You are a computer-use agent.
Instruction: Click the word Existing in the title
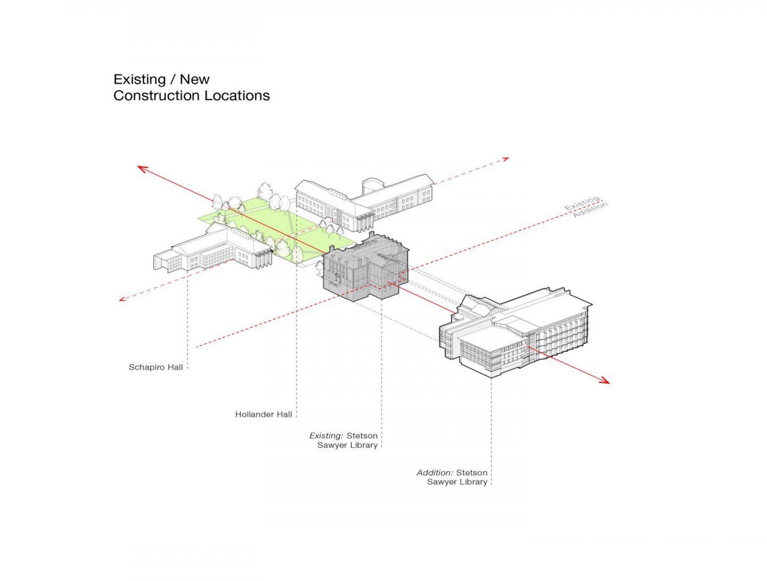tap(139, 80)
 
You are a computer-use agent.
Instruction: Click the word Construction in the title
tap(157, 96)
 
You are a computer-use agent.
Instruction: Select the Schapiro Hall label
tap(155, 367)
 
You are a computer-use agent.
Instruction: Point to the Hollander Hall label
tap(263, 414)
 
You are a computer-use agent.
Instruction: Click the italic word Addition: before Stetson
tap(435, 473)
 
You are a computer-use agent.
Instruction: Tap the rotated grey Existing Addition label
tap(585, 207)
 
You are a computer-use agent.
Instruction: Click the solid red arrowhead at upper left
tap(142, 168)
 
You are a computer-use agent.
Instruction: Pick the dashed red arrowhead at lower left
tap(123, 299)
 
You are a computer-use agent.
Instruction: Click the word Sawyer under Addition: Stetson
tap(442, 482)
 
